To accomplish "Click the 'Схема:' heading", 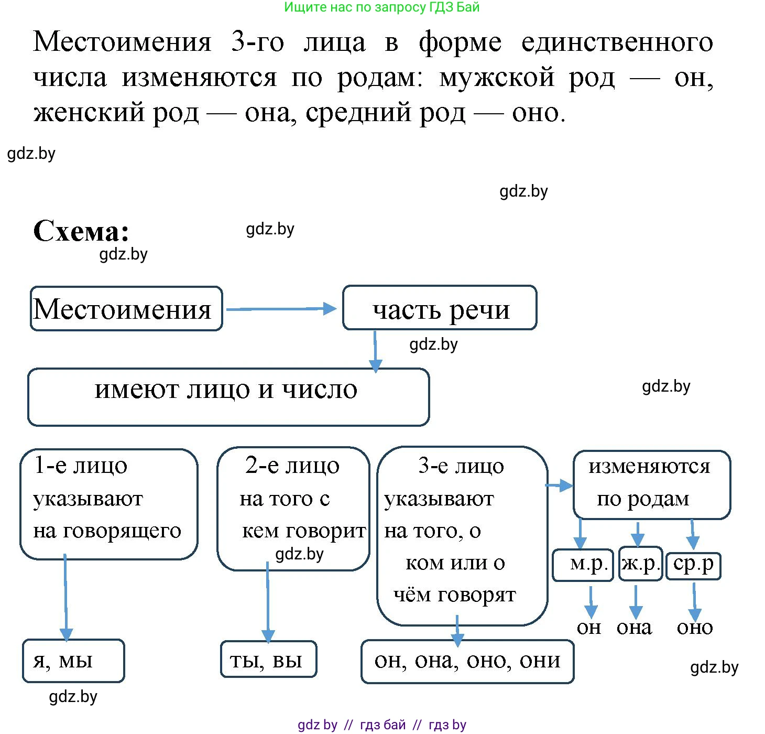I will pyautogui.click(x=81, y=231).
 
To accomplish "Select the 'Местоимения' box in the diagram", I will pyautogui.click(x=126, y=309).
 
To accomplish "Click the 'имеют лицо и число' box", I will pyautogui.click(x=228, y=396).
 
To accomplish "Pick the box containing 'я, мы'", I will pyautogui.click(x=73, y=661).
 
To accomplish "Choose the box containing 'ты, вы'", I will pyautogui.click(x=268, y=660).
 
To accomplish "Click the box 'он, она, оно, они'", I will pyautogui.click(x=467, y=661).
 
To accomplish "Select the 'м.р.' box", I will pyautogui.click(x=583, y=564).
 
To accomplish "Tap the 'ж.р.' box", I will pyautogui.click(x=640, y=564).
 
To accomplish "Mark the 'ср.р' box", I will pyautogui.click(x=693, y=565).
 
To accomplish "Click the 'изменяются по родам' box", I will pyautogui.click(x=651, y=484).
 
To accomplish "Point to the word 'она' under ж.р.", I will pyautogui.click(x=635, y=627).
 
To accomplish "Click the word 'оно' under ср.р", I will pyautogui.click(x=695, y=627).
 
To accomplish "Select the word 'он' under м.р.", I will pyautogui.click(x=588, y=627).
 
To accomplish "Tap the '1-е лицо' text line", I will pyautogui.click(x=80, y=466).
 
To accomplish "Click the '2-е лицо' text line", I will pyautogui.click(x=292, y=466).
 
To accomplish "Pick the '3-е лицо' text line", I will pyautogui.click(x=461, y=466).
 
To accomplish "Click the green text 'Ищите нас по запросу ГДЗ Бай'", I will pyautogui.click(x=382, y=7).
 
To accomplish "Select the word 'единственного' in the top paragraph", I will pyautogui.click(x=617, y=42).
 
